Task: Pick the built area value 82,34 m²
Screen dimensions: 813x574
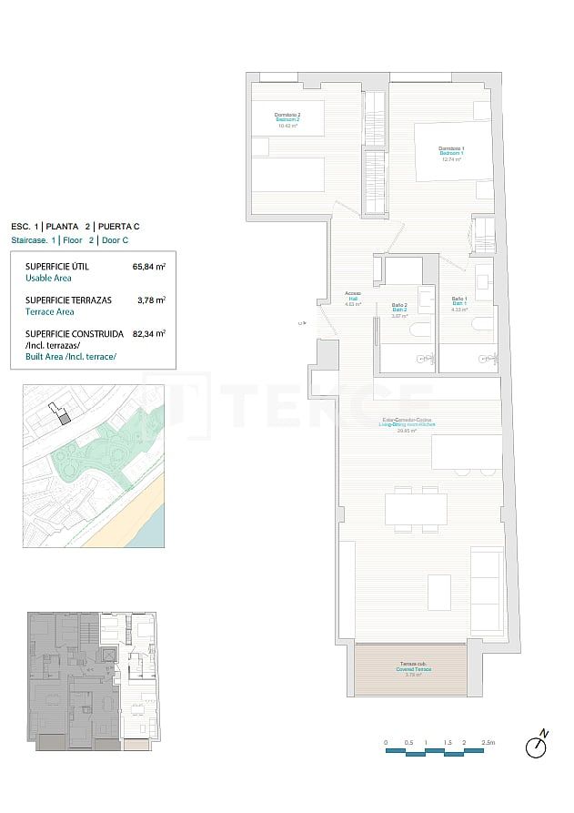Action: click(149, 334)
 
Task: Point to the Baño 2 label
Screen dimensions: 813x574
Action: click(398, 308)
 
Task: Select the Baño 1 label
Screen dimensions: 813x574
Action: click(459, 302)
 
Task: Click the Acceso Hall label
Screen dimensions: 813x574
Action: click(353, 297)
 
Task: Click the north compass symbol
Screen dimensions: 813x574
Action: click(538, 746)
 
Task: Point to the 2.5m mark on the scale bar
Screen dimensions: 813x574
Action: click(488, 743)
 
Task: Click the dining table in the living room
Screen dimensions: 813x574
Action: click(416, 508)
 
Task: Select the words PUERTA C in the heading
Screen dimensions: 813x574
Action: click(118, 226)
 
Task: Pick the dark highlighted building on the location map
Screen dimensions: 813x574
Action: click(64, 417)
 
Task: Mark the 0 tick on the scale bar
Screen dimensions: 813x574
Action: click(386, 743)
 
